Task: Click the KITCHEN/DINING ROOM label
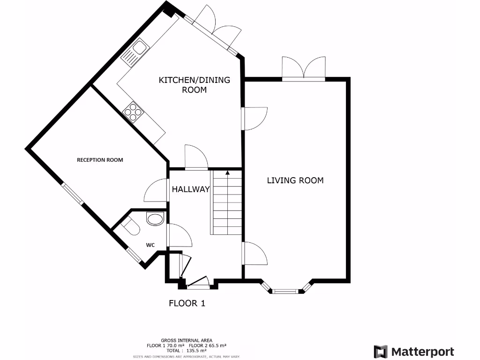pyautogui.click(x=195, y=84)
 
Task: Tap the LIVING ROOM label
pyautogui.click(x=295, y=180)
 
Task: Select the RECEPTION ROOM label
pyautogui.click(x=100, y=160)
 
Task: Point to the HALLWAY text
pyautogui.click(x=190, y=189)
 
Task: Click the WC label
pyautogui.click(x=150, y=245)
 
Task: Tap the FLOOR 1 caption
pyautogui.click(x=187, y=303)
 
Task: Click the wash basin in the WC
pyautogui.click(x=154, y=218)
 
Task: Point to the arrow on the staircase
pyautogui.click(x=228, y=173)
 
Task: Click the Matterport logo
pyautogui.click(x=414, y=352)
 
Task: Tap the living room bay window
pyautogui.click(x=285, y=291)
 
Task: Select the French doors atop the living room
pyautogui.click(x=304, y=68)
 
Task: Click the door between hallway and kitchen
pyautogui.click(x=195, y=157)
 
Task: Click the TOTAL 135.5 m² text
pyautogui.click(x=187, y=350)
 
